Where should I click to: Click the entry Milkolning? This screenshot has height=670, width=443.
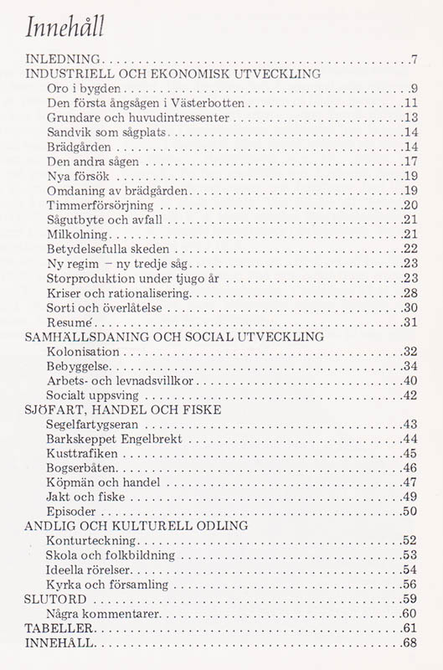pos(77,234)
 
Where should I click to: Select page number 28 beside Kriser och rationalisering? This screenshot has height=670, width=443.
pos(410,293)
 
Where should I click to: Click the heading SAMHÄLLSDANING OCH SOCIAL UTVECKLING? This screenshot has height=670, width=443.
pos(174,337)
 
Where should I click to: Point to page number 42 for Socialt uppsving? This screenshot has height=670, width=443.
pos(410,395)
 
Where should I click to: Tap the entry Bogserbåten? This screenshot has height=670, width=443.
pos(85,467)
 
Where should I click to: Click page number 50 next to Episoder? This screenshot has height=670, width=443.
pos(410,511)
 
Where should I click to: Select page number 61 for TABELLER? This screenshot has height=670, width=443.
pos(410,628)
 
